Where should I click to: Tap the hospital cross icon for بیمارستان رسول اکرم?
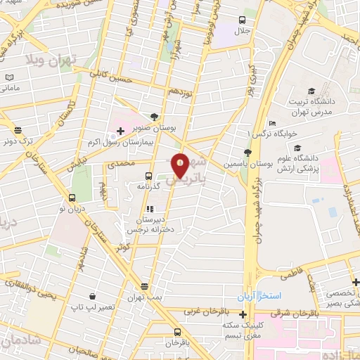point(120,131)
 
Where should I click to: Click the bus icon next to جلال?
point(243,20)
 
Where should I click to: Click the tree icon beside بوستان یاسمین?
point(245,153)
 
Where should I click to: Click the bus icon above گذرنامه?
point(148,176)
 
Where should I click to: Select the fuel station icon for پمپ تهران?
point(144,286)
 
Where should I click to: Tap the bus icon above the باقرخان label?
point(175,332)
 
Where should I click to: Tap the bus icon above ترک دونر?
point(17,130)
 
